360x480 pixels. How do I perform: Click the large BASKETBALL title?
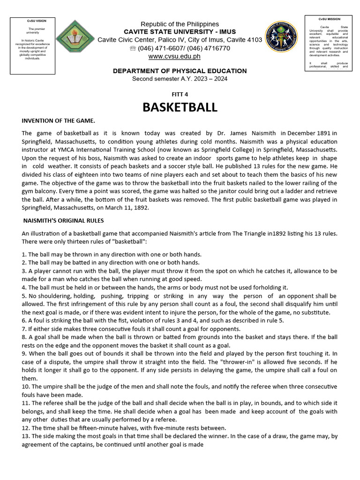point(180,107)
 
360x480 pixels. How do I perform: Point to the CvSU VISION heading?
point(32,21)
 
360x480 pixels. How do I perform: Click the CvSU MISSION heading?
point(329,19)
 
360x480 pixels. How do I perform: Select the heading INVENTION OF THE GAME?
point(58,121)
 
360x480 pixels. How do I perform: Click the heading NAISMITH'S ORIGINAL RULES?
point(64,220)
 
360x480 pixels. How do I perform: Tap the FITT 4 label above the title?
point(180,94)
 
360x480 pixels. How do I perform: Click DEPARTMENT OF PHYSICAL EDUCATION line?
point(180,71)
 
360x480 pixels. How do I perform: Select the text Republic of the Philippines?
point(180,24)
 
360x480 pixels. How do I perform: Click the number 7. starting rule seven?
point(24,329)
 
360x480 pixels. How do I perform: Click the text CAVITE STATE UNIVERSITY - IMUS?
point(180,31)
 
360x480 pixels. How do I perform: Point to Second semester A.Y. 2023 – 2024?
point(180,78)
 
